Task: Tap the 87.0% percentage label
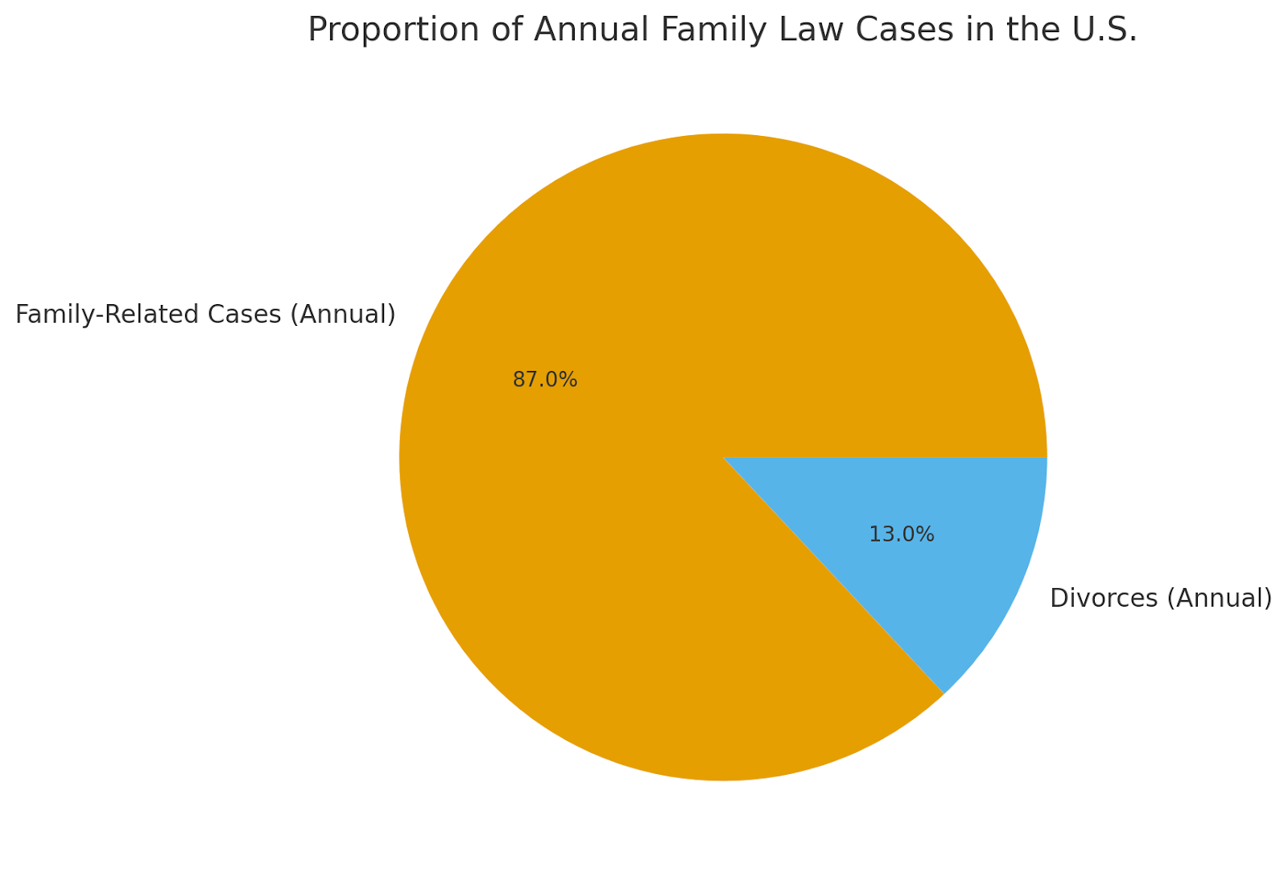coord(545,380)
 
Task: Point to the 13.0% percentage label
coord(902,535)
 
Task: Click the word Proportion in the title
coord(369,31)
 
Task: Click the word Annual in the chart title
coord(592,31)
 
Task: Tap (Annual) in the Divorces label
coord(1220,599)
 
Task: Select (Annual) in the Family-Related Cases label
coord(343,315)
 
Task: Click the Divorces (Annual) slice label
coord(1161,599)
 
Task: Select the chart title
coord(722,31)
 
